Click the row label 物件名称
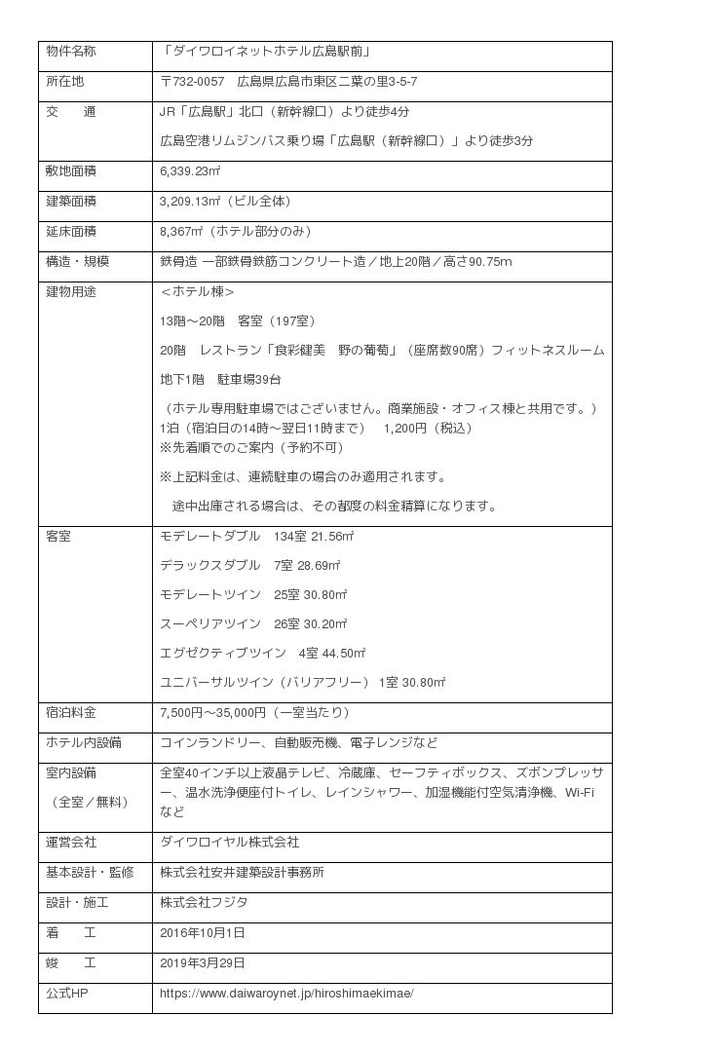pyautogui.click(x=71, y=51)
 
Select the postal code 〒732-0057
pyautogui.click(x=192, y=81)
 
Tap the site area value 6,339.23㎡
pyautogui.click(x=190, y=171)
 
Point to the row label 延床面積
pyautogui.click(x=71, y=232)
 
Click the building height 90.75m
pyautogui.click(x=490, y=261)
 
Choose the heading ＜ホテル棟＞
pyautogui.click(x=197, y=291)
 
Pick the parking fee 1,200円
pyautogui.click(x=407, y=428)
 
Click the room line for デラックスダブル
pyautogui.click(x=249, y=565)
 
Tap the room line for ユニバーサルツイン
pyautogui.click(x=302, y=682)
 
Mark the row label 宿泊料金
pyautogui.click(x=71, y=713)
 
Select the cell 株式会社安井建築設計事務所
pyautogui.click(x=243, y=872)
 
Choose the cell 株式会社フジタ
pyautogui.click(x=204, y=902)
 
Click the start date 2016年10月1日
pyautogui.click(x=203, y=932)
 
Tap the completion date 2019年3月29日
pyautogui.click(x=203, y=962)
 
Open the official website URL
pyautogui.click(x=286, y=994)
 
